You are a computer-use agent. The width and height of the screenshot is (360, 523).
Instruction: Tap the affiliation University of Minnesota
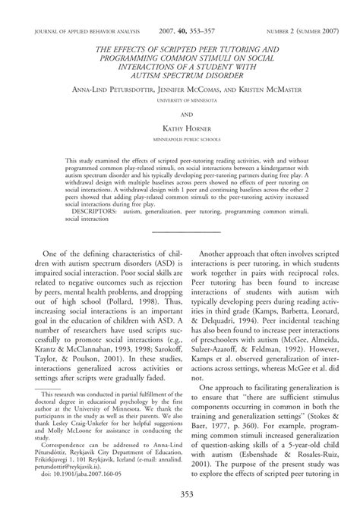coord(180,99)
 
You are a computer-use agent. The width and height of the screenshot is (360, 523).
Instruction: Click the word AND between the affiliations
coord(180,109)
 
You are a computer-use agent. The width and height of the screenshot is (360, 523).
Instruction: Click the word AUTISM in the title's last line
coord(149,76)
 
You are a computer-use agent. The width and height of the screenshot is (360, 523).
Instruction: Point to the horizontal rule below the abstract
coord(180,230)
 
